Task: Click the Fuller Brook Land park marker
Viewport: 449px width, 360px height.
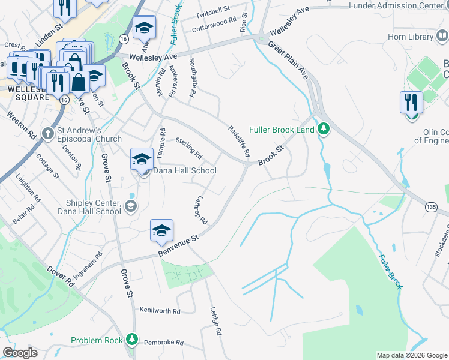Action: (x=324, y=128)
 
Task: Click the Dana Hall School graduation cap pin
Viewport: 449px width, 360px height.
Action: (x=142, y=159)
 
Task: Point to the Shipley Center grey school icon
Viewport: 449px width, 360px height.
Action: (x=131, y=208)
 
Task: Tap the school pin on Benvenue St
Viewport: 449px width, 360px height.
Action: (x=161, y=231)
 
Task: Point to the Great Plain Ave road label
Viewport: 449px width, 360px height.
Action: (x=288, y=61)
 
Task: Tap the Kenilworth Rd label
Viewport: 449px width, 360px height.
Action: (x=160, y=311)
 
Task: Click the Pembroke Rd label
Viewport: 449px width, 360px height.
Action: (x=163, y=342)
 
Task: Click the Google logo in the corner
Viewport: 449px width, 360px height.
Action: (x=20, y=353)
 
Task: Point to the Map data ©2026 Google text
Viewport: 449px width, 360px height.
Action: (x=411, y=355)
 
